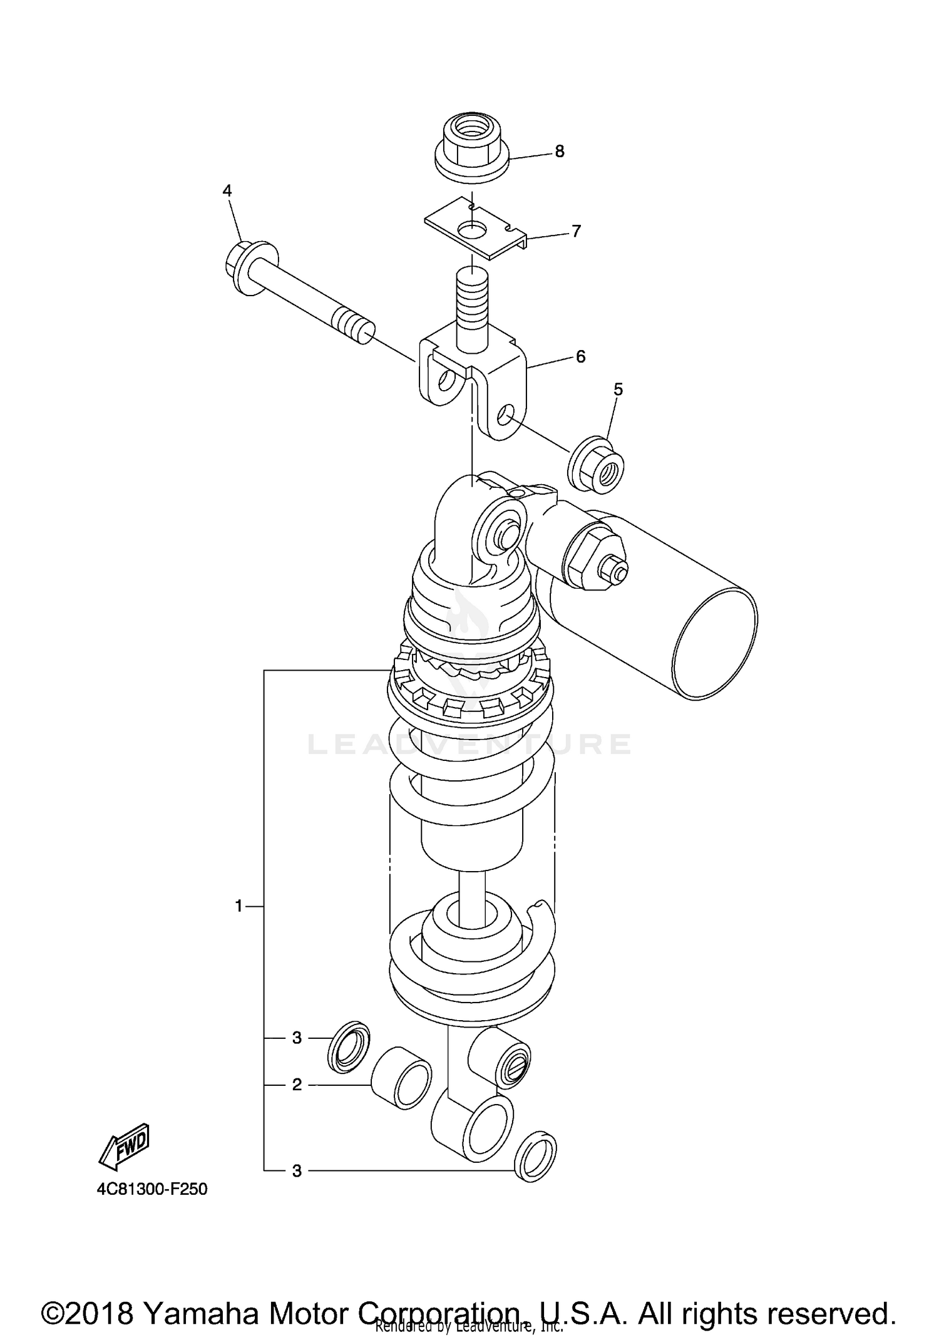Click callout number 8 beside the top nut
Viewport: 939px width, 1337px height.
(559, 152)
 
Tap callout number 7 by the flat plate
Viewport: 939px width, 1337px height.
(576, 231)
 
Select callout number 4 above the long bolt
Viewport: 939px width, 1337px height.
(227, 190)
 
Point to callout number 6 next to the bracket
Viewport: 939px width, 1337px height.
(580, 356)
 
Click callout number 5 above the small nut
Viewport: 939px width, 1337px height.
(618, 390)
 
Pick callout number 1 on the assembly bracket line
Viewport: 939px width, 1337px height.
(239, 906)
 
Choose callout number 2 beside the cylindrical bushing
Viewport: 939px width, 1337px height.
(297, 1084)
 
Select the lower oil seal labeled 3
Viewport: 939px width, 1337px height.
(535, 1156)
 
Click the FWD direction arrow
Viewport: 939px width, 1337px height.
(125, 1147)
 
